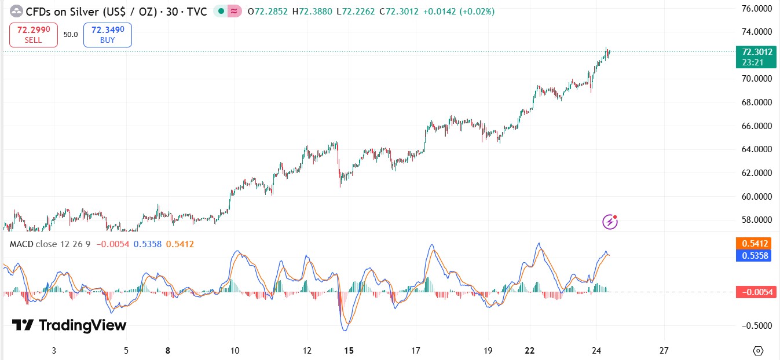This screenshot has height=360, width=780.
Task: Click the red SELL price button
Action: click(34, 35)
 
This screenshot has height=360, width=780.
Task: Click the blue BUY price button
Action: click(108, 35)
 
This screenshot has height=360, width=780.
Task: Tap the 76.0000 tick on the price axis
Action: click(757, 9)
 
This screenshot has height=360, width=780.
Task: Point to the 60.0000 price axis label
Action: click(757, 197)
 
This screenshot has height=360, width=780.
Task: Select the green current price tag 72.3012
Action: click(752, 56)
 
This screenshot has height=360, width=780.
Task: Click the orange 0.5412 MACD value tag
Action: click(753, 244)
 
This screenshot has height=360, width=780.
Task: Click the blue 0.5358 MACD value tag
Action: click(753, 255)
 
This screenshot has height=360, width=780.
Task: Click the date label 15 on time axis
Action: click(349, 351)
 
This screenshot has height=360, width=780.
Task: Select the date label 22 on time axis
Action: click(529, 351)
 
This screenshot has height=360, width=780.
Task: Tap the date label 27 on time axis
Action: click(664, 351)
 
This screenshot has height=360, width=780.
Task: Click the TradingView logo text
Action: click(69, 325)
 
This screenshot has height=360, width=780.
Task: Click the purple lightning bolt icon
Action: click(610, 221)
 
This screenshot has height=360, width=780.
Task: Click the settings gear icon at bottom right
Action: click(758, 351)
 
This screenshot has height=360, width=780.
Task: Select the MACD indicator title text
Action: click(50, 244)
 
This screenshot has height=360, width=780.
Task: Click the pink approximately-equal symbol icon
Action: click(235, 11)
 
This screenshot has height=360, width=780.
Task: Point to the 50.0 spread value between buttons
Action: click(71, 35)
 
